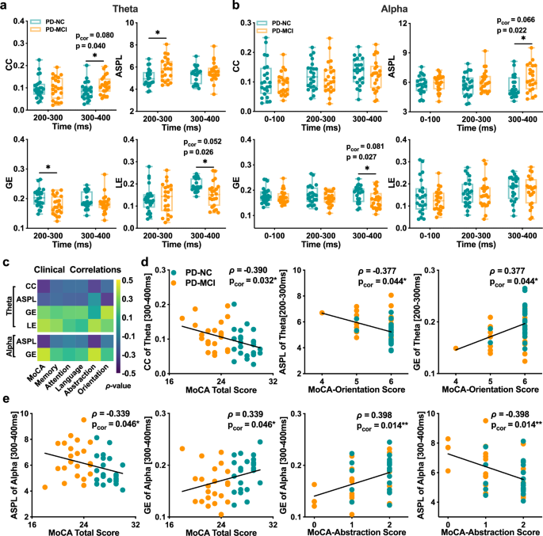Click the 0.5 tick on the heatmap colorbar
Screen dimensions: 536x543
point(119,280)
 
